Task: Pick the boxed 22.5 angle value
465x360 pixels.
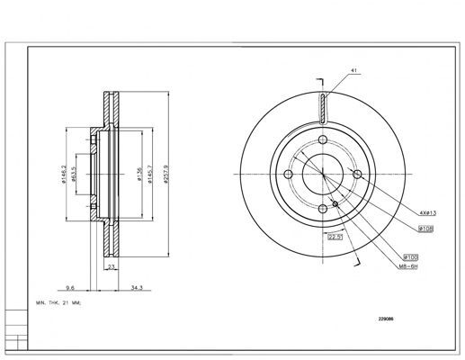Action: click(334, 238)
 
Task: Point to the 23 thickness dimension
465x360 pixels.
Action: click(111, 268)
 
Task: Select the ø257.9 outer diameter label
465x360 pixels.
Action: click(167, 174)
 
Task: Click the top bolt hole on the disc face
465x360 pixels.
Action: click(323, 139)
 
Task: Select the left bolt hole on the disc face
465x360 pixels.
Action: click(288, 175)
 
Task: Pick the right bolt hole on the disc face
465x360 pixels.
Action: click(357, 175)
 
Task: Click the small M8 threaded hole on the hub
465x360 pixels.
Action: click(335, 204)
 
